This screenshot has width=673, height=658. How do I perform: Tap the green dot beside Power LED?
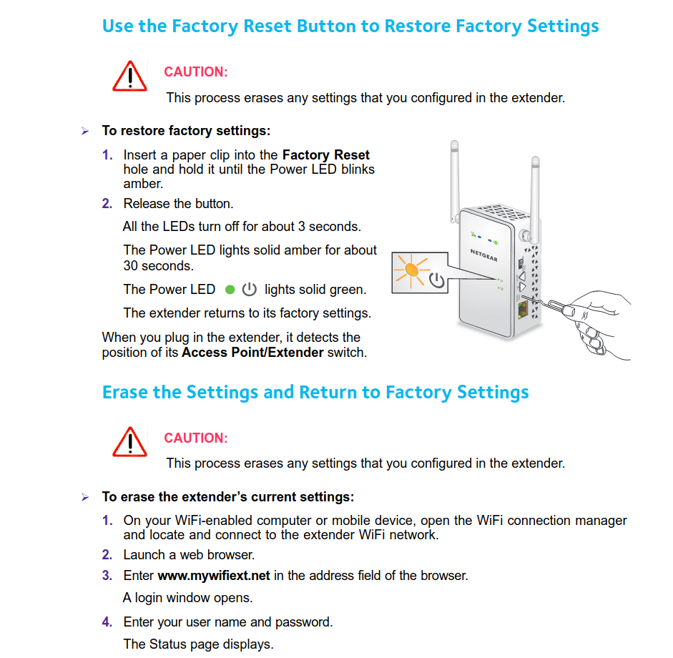coord(230,290)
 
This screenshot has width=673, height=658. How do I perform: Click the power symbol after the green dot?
coord(249,290)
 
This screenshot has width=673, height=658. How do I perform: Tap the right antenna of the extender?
coord(535,193)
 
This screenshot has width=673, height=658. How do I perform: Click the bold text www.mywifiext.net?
coord(214,575)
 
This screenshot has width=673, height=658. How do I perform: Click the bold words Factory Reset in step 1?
coord(326,155)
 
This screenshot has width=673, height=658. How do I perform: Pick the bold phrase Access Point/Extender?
coord(252,353)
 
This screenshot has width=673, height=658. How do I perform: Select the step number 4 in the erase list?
coord(107,622)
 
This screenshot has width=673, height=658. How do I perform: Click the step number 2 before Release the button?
coord(107,204)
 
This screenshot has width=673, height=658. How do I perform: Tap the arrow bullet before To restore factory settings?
coord(84,132)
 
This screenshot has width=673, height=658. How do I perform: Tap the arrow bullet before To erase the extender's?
coord(84,497)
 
